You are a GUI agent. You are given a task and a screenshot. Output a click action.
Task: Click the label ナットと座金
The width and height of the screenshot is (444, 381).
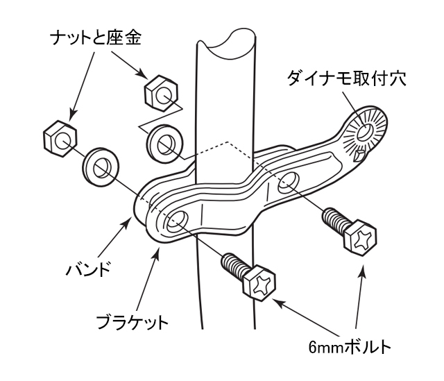click(x=96, y=38)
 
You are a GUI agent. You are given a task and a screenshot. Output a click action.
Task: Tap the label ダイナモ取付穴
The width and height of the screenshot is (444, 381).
click(x=347, y=78)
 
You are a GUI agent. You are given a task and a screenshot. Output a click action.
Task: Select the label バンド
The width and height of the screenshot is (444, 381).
click(x=88, y=269)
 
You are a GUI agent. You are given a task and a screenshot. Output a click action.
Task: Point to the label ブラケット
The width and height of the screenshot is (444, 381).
click(x=133, y=322)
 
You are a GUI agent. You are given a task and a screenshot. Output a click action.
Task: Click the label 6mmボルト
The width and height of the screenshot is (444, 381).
click(x=350, y=347)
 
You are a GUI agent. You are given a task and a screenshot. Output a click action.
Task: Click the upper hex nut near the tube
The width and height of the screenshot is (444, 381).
click(x=161, y=93)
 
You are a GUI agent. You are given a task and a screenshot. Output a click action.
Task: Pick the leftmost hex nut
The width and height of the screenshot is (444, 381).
click(x=60, y=139)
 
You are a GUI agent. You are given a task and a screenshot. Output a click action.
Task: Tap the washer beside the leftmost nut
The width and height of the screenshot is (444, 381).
click(x=101, y=167)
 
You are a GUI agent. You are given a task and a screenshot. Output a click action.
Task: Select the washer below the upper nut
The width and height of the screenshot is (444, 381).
click(x=165, y=144)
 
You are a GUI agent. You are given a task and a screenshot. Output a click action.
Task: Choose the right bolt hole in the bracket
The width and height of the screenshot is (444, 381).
click(x=289, y=183)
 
